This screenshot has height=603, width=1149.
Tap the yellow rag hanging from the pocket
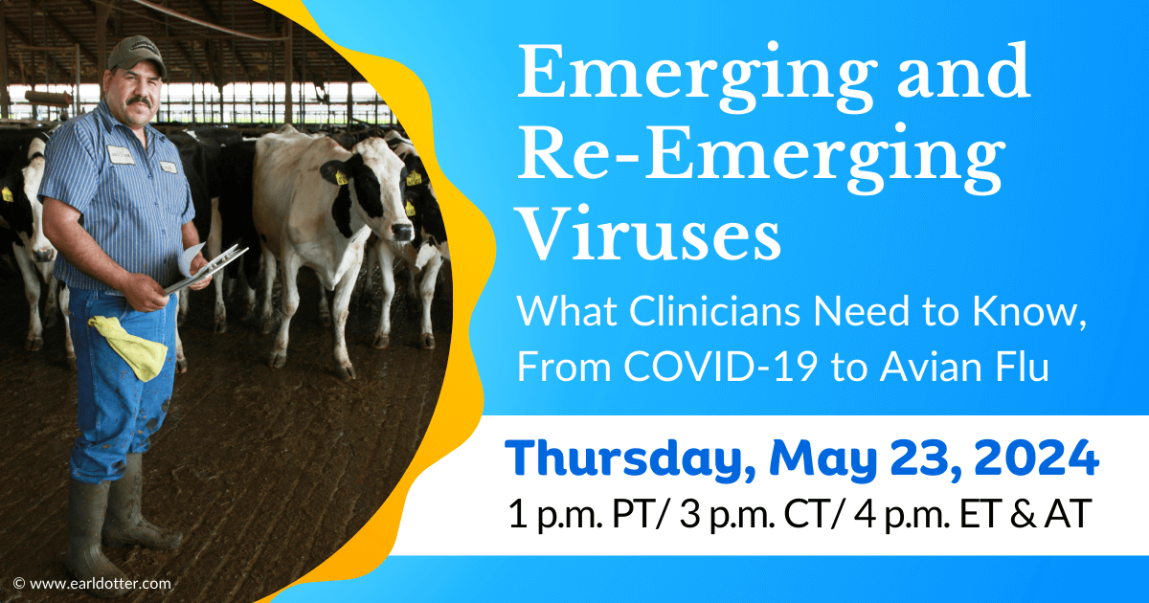click(128, 347)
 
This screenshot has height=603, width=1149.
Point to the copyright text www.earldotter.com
click(100, 584)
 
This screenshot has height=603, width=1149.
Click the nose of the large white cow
click(402, 233)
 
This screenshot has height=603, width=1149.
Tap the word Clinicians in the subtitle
click(714, 311)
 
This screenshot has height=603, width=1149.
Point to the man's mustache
click(140, 102)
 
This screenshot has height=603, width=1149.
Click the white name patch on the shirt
click(121, 155)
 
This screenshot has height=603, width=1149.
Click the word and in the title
click(963, 71)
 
